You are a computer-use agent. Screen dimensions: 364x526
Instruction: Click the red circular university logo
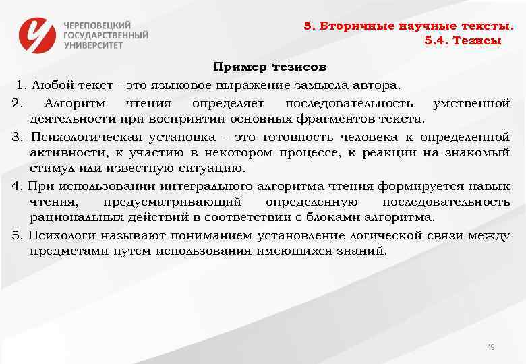coord(38,34)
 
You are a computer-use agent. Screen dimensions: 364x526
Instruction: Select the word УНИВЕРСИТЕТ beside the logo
coord(94,45)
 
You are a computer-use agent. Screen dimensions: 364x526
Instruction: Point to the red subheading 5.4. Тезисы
coord(463,40)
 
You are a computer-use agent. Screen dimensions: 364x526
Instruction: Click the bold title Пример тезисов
coord(270,67)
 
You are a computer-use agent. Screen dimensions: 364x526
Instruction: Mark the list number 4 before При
coord(16,186)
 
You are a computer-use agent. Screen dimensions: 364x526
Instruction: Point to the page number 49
coord(490,348)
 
